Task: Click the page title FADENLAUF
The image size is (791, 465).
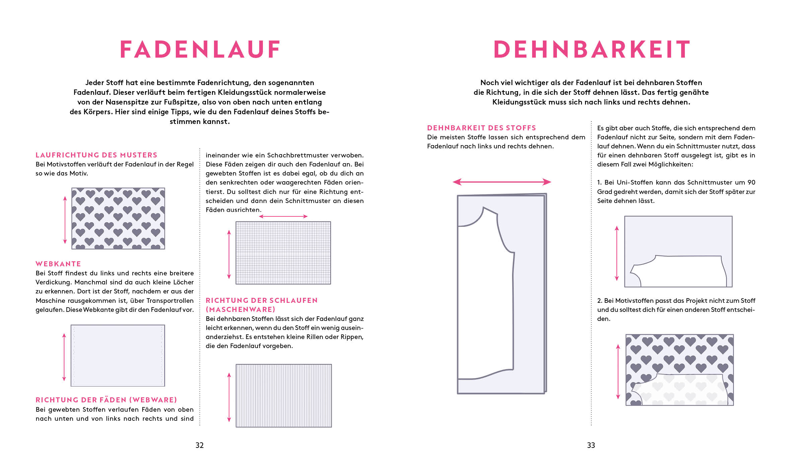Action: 200,50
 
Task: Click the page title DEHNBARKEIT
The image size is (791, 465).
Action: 591,50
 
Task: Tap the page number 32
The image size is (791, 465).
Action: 200,445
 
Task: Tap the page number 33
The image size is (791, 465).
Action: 591,445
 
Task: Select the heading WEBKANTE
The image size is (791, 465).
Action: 58,264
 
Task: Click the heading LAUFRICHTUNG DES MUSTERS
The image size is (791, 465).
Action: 96,155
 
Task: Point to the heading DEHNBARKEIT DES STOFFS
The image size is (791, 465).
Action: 482,128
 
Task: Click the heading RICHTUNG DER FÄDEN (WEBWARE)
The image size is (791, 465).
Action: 106,400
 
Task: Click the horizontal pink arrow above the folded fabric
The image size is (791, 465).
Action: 502,182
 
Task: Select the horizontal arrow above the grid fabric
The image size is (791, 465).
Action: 283,216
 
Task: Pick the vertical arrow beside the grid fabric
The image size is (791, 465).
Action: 229,255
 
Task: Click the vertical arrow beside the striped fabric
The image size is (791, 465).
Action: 229,397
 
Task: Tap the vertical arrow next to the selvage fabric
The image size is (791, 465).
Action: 64,357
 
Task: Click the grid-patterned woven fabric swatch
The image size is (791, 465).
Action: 283,253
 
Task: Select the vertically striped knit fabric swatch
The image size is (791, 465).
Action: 284,396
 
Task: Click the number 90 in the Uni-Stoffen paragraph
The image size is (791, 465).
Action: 751,183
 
